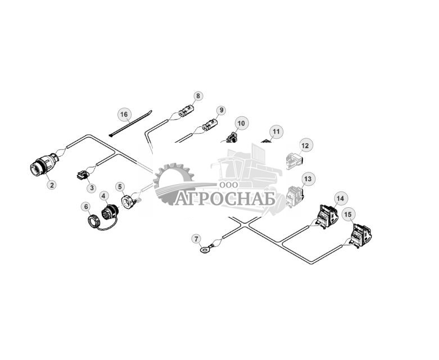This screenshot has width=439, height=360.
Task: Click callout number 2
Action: coord(51,184)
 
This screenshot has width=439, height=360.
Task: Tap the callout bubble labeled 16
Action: coord(124,115)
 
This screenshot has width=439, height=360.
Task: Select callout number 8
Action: coord(198,96)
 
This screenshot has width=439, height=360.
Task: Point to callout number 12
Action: coord(305,145)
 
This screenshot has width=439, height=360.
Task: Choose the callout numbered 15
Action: coord(349,214)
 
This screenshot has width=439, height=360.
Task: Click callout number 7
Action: coord(196,239)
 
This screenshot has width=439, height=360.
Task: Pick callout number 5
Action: coord(120,186)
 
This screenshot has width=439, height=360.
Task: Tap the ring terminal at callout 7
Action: coord(206,245)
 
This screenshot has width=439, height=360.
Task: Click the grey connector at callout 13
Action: coord(293,195)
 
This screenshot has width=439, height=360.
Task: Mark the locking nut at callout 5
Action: coord(129,200)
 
